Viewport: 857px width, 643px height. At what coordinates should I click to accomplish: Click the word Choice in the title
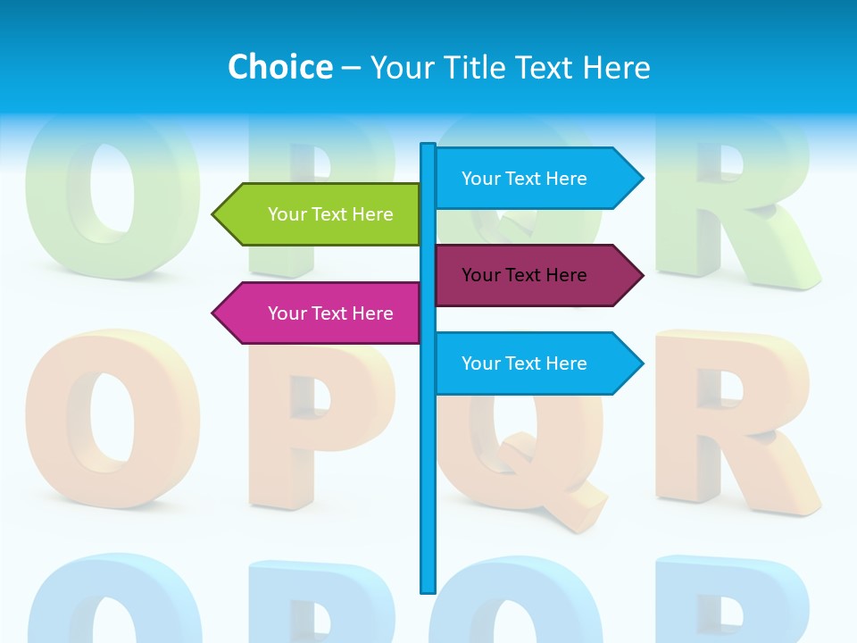point(279,67)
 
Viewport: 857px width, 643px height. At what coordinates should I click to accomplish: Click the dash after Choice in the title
point(351,68)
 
